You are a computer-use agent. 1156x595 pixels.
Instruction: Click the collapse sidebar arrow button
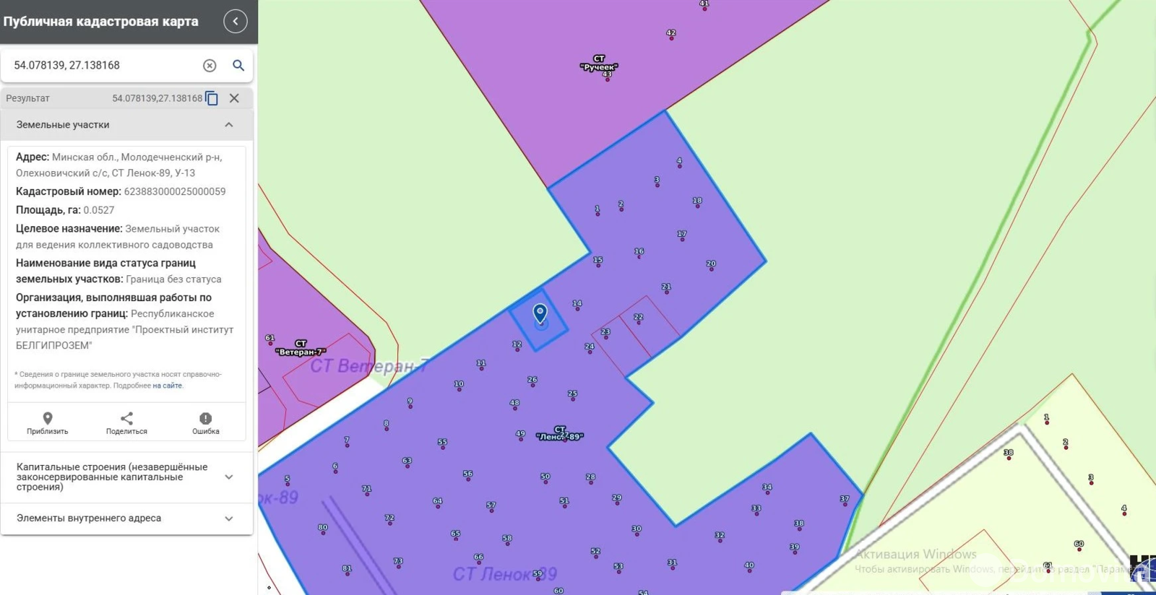[x=236, y=22]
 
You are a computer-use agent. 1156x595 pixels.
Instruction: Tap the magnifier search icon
[x=238, y=66]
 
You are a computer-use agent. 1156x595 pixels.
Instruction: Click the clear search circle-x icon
[x=210, y=66]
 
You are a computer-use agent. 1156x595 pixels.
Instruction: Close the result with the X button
[x=234, y=98]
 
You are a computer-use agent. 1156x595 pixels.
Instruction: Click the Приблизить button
[x=48, y=423]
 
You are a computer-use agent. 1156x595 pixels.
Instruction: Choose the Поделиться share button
[x=126, y=423]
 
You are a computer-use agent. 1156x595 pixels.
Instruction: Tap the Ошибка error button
[x=205, y=423]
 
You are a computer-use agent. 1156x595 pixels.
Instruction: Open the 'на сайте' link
[x=168, y=386]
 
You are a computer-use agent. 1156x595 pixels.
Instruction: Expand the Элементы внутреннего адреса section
[x=126, y=518]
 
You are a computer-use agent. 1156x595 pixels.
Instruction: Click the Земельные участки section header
[x=126, y=125]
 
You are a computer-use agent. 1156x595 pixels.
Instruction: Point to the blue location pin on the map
[x=540, y=313]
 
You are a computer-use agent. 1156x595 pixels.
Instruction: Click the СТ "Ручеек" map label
[x=599, y=63]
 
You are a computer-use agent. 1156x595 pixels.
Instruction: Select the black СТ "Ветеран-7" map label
[x=301, y=348]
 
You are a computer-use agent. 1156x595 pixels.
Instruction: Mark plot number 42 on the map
[x=671, y=33]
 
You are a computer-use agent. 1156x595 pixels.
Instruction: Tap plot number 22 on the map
[x=639, y=318]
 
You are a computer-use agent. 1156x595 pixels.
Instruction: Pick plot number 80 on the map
[x=323, y=528]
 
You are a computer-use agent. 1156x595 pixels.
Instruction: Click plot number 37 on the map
[x=845, y=500]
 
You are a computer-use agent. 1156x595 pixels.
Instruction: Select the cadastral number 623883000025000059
[x=175, y=191]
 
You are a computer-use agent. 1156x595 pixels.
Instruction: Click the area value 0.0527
[x=99, y=210]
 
